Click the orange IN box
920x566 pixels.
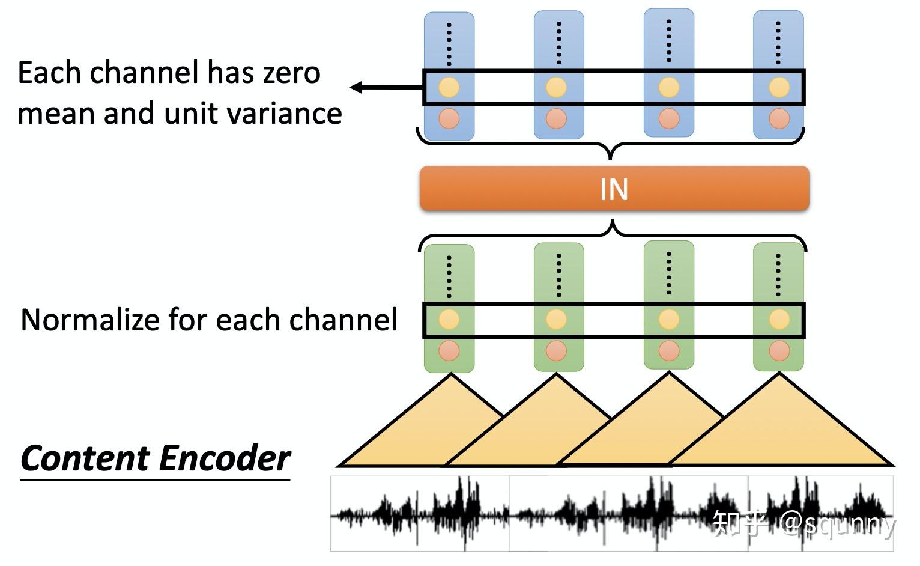pos(614,189)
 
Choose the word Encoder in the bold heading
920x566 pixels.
pos(225,458)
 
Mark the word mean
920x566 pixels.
pos(57,114)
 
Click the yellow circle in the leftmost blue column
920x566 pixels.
pos(449,88)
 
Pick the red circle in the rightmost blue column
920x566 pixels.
pos(779,118)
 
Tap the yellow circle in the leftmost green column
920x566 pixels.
pos(449,320)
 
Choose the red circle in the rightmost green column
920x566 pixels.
pos(779,351)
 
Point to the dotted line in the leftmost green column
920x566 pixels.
pos(449,276)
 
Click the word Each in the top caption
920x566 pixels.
pos(49,73)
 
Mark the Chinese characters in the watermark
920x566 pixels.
pos(740,523)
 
